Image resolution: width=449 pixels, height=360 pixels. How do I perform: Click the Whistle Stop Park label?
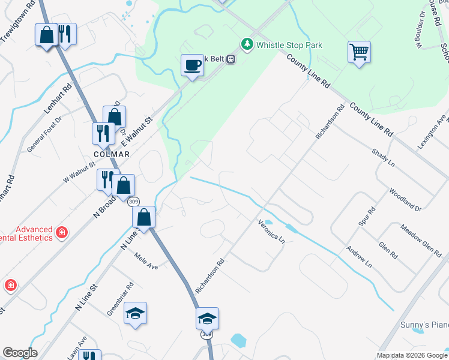pyautogui.click(x=289, y=45)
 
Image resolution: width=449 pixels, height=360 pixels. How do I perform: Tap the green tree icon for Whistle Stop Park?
pyautogui.click(x=247, y=44)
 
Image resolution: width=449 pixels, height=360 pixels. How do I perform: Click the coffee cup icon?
pyautogui.click(x=192, y=65)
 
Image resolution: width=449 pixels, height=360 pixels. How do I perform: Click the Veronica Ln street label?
pyautogui.click(x=271, y=231)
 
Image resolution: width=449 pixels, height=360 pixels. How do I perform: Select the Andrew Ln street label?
pyautogui.click(x=359, y=256)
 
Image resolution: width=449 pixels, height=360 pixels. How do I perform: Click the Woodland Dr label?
pyautogui.click(x=405, y=200)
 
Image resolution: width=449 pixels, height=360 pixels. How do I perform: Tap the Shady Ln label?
pyautogui.click(x=383, y=158)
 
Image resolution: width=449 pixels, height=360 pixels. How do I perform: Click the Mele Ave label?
pyautogui.click(x=146, y=262)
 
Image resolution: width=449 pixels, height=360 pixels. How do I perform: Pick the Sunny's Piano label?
pyautogui.click(x=424, y=325)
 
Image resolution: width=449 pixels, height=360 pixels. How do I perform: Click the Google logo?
pyautogui.click(x=20, y=353)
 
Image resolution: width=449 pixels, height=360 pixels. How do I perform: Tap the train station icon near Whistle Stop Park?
pyautogui.click(x=230, y=59)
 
